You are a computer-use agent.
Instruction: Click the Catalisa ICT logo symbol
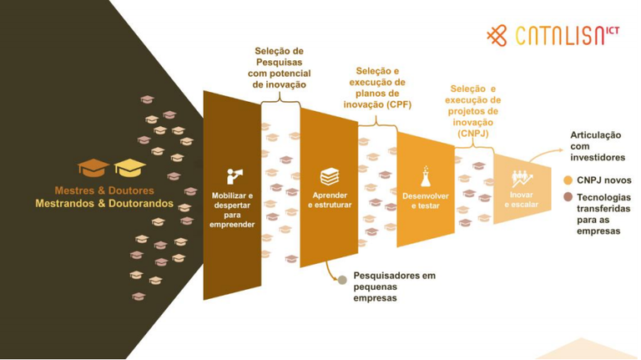coord(497,35)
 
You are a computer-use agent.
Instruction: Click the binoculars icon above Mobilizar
coord(235,176)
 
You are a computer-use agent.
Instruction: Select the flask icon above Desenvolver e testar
coord(426,176)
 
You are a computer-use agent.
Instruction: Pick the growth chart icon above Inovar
coord(522,178)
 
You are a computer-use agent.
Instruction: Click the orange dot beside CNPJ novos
coord(568,180)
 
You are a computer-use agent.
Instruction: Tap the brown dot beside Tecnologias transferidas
coord(568,197)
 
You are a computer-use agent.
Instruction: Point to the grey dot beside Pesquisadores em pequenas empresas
coord(341,280)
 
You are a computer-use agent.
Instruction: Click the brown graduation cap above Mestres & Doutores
coord(93,168)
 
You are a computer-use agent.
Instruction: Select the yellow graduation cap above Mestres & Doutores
coord(129,168)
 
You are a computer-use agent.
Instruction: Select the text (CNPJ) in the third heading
coord(473,133)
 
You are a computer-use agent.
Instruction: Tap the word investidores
coord(598,157)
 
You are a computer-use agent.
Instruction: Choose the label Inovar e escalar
coord(521,200)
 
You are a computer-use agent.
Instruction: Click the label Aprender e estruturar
coord(330,200)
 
